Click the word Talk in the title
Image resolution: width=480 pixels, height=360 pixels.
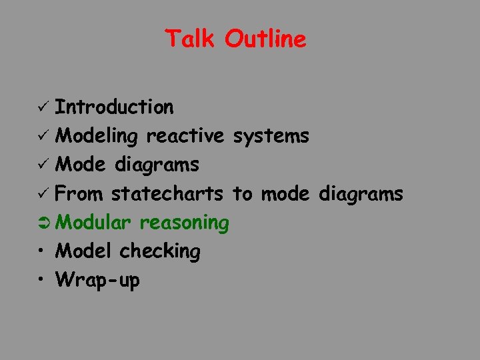click(190, 39)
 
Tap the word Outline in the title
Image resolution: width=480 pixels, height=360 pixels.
click(265, 39)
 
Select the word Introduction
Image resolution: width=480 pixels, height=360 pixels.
click(114, 107)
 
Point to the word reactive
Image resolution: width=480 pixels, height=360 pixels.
click(185, 136)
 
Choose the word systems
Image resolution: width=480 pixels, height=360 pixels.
click(270, 136)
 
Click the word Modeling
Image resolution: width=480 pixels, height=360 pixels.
click(97, 137)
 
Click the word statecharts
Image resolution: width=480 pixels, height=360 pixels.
click(167, 194)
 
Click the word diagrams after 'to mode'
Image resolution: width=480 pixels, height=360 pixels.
click(361, 195)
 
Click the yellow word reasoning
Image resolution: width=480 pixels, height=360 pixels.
click(185, 223)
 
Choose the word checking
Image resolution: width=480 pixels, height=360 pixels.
click(159, 252)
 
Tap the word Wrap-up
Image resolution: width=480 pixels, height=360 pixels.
click(98, 281)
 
